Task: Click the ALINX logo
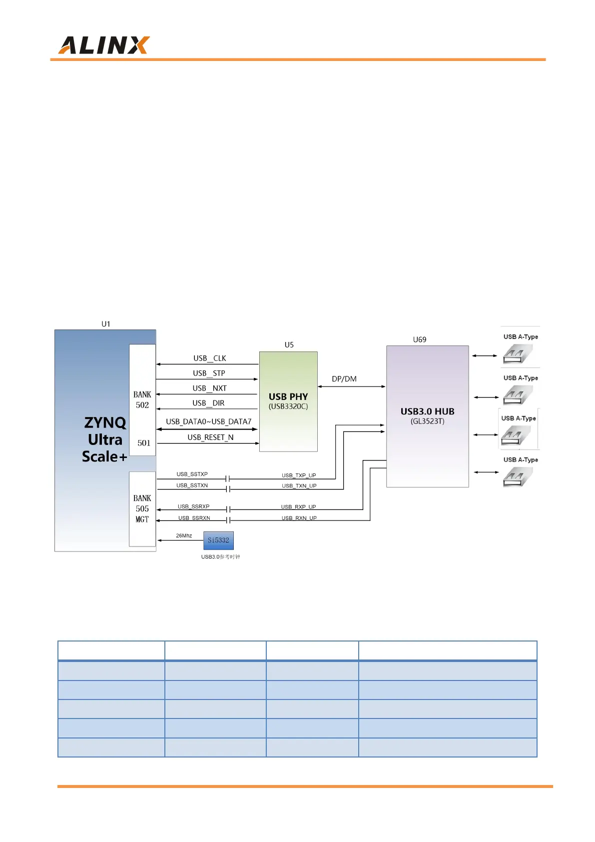click(104, 45)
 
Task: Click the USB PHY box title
click(288, 396)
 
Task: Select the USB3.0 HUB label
click(427, 411)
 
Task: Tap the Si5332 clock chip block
click(218, 540)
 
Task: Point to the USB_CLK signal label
click(210, 358)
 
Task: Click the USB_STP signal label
click(209, 373)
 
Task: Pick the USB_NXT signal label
click(210, 388)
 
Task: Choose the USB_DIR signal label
click(208, 403)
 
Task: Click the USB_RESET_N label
click(210, 437)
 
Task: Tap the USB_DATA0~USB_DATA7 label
click(209, 421)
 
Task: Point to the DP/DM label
click(344, 379)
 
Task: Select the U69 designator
click(420, 339)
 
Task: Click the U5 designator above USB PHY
click(289, 345)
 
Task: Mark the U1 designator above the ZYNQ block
click(106, 324)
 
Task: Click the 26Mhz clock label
click(184, 535)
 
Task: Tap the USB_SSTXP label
click(192, 474)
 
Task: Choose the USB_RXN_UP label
click(299, 518)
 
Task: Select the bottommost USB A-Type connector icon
click(518, 477)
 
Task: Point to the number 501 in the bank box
click(144, 443)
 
